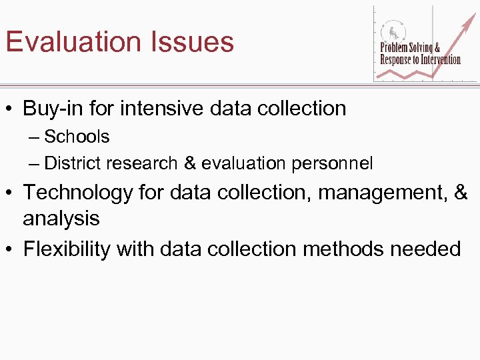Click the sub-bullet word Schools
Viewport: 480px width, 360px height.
tap(77, 137)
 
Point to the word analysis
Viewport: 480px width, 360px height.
tap(61, 219)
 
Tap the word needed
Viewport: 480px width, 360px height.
tap(426, 249)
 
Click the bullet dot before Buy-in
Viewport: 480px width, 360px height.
tap(10, 109)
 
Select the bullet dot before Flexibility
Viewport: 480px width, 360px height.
tap(10, 249)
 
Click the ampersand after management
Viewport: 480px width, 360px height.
tap(461, 193)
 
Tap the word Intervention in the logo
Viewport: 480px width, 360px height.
tap(436, 60)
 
